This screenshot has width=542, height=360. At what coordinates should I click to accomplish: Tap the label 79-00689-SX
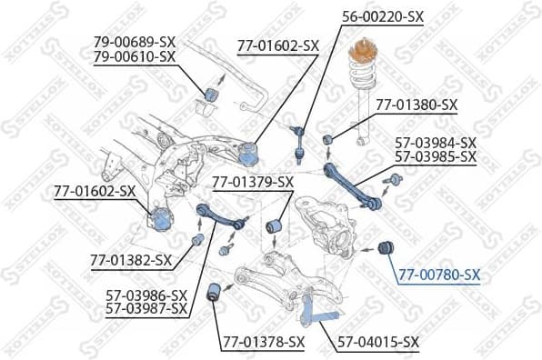point(134,42)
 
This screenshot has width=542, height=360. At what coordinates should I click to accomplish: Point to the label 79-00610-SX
point(134,56)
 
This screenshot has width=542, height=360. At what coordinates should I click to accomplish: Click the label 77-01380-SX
point(415,105)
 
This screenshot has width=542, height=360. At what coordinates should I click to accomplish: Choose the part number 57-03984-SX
point(435,143)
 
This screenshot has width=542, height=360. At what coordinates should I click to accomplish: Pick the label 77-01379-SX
point(253,182)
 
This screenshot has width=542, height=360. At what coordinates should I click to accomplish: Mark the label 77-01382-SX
point(131,260)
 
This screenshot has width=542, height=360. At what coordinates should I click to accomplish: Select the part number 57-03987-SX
point(146,309)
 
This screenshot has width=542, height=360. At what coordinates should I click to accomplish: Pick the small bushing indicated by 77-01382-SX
point(197,240)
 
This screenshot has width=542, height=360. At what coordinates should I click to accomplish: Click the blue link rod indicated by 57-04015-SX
point(318,313)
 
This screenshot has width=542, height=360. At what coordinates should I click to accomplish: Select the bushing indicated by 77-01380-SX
point(329,140)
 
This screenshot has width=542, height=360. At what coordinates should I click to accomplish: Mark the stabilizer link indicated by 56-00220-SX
point(298,140)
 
